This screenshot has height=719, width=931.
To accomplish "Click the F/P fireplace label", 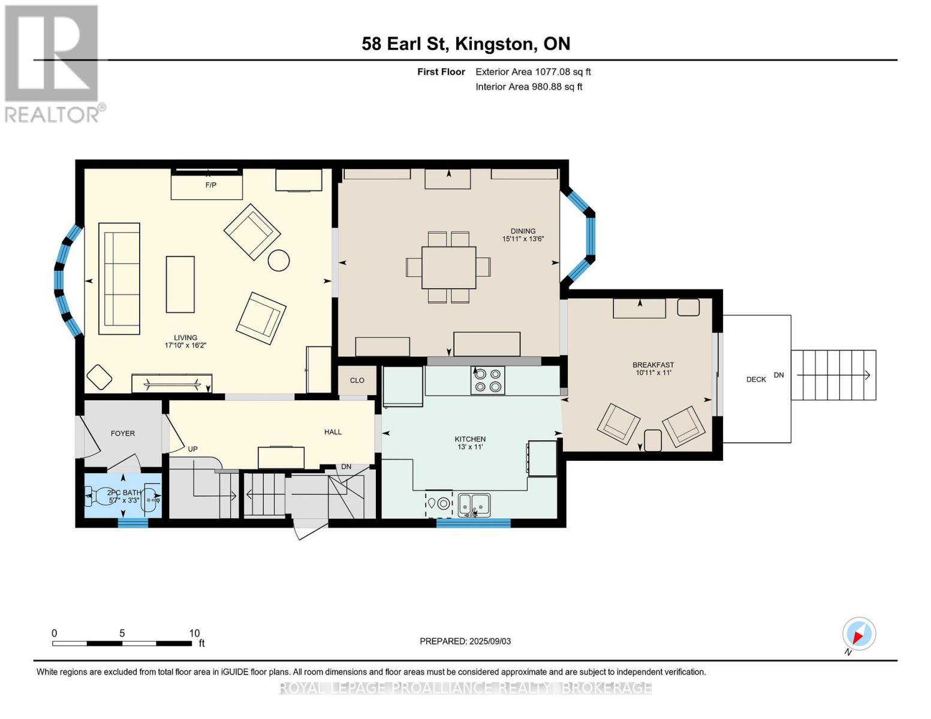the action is pyautogui.click(x=211, y=185).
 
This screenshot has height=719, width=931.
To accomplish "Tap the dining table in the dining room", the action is pyautogui.click(x=448, y=268).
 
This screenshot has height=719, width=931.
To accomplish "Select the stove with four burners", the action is pyautogui.click(x=487, y=380).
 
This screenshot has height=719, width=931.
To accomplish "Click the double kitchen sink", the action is pyautogui.click(x=474, y=505).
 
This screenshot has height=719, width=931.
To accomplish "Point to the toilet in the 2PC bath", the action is pyautogui.click(x=100, y=497).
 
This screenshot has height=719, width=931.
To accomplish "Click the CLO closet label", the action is pyautogui.click(x=357, y=380).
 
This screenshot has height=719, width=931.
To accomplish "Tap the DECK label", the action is pyautogui.click(x=756, y=379).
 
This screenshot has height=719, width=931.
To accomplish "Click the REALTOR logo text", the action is pyautogui.click(x=52, y=115).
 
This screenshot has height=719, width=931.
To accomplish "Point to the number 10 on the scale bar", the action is pyautogui.click(x=194, y=633).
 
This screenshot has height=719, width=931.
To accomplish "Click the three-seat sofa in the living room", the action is pyautogui.click(x=119, y=279).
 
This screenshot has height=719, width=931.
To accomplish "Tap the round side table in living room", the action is pyautogui.click(x=279, y=261).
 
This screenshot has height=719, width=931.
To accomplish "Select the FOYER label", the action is pyautogui.click(x=122, y=433).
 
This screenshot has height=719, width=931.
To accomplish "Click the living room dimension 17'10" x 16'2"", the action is pyautogui.click(x=185, y=345).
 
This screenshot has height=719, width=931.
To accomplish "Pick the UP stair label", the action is pyautogui.click(x=193, y=449).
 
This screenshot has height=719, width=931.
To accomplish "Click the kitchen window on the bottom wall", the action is pyautogui.click(x=474, y=523).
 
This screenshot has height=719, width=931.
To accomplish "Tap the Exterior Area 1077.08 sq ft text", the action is pyautogui.click(x=533, y=72).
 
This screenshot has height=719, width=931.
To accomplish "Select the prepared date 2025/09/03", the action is pyautogui.click(x=490, y=641).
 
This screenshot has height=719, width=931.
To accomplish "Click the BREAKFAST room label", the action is pyautogui.click(x=653, y=365).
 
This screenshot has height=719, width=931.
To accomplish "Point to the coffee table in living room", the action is pyautogui.click(x=180, y=285).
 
